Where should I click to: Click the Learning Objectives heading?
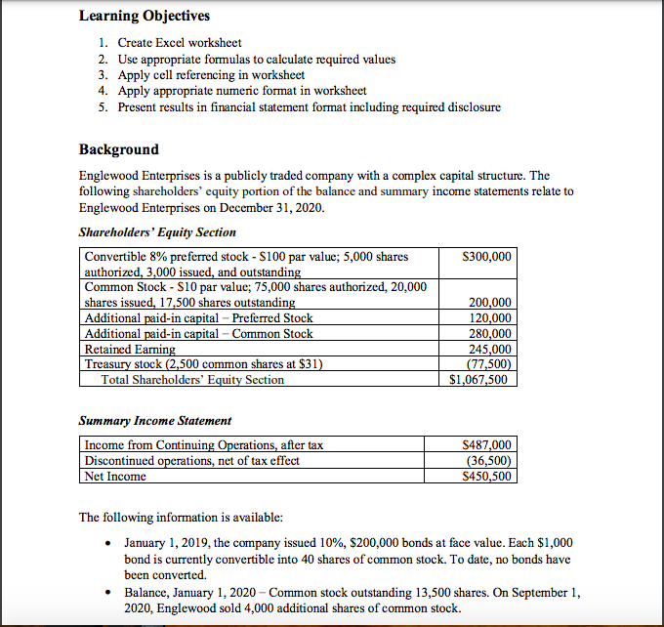point(144,17)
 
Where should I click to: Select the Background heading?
point(118,149)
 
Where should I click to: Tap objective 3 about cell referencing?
point(210,74)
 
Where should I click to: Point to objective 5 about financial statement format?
point(309,106)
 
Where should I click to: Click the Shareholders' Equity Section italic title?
point(156,232)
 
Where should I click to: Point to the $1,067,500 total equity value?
point(477,380)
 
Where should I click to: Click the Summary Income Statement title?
point(154,421)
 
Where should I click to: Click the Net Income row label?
point(115,477)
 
